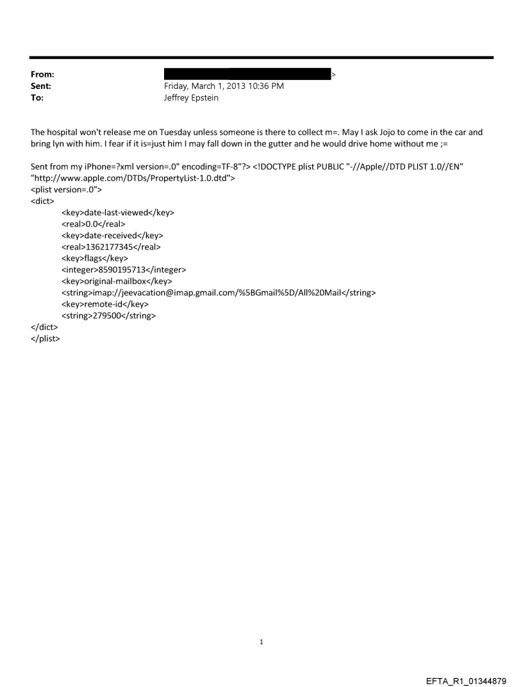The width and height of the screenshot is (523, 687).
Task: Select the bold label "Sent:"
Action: pyautogui.click(x=40, y=86)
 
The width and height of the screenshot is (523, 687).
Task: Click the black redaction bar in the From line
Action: pyautogui.click(x=247, y=74)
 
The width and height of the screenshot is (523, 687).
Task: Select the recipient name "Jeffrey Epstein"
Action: pyautogui.click(x=191, y=98)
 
